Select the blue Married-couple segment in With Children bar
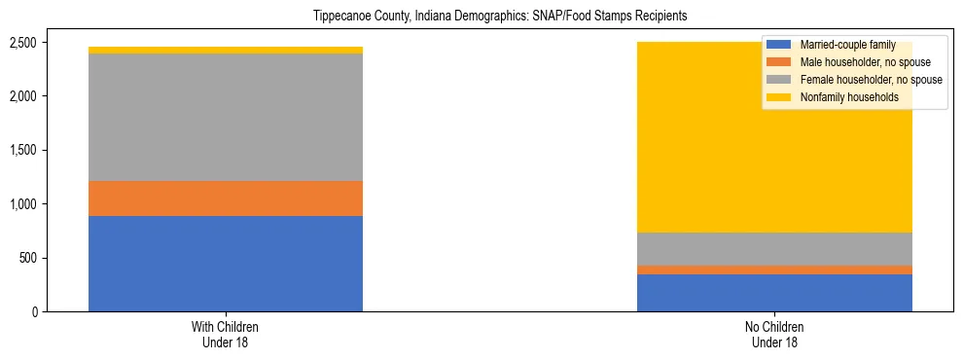pyautogui.click(x=226, y=264)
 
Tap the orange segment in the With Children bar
pyautogui.click(x=226, y=198)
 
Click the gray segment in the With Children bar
pyautogui.click(x=226, y=117)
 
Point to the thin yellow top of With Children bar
pyautogui.click(x=226, y=50)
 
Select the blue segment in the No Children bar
pyautogui.click(x=774, y=293)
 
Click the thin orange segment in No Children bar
pyautogui.click(x=774, y=270)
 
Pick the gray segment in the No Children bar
pyautogui.click(x=774, y=249)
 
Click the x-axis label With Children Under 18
pyautogui.click(x=226, y=335)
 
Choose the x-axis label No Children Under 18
pyautogui.click(x=774, y=335)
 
